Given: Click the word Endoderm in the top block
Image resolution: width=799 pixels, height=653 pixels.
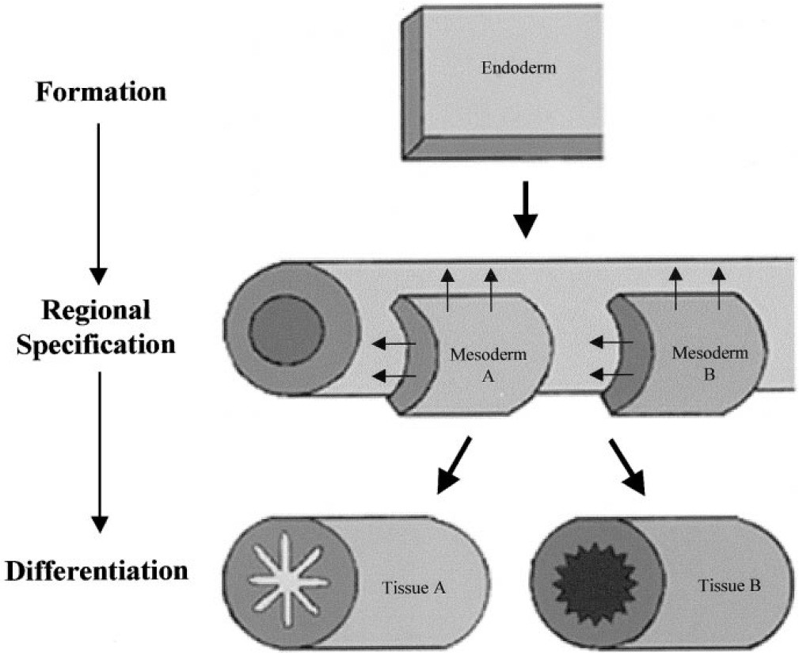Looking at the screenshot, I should (x=519, y=68).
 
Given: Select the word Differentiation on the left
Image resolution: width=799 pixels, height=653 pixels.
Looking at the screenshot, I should (x=97, y=571).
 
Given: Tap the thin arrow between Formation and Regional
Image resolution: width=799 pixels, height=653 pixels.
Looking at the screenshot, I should (x=98, y=201).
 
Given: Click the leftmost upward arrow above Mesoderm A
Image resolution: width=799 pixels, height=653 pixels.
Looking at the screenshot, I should (x=447, y=288).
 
